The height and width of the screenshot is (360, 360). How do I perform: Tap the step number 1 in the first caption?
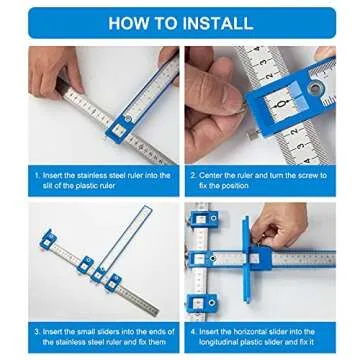(x=36, y=174)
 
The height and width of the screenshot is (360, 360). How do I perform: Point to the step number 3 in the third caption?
(x=36, y=329)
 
